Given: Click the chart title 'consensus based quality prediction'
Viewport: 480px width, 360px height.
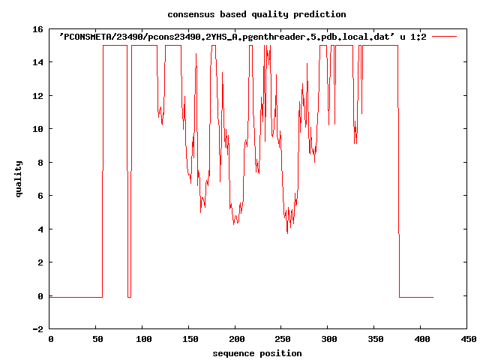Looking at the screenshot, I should tap(246, 14).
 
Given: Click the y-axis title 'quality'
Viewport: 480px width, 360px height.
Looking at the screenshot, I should tap(19, 178).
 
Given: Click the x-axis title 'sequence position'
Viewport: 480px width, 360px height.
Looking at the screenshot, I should tap(257, 352).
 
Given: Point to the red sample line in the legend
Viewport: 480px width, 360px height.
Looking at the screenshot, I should tap(445, 36).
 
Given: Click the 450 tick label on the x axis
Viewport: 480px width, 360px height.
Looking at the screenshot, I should tap(468, 340).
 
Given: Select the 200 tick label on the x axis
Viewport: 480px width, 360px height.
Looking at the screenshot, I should tap(235, 340).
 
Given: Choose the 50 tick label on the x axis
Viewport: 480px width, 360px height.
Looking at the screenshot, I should tap(96, 340).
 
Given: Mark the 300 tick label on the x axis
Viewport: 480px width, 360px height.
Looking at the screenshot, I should tap(328, 340).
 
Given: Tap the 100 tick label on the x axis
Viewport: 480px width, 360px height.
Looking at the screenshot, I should tap(142, 340).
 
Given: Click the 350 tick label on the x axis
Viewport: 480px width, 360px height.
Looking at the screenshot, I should tap(375, 340).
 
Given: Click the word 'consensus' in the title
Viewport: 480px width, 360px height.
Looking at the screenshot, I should tap(188, 14).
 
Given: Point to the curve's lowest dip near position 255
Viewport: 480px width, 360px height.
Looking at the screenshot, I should tap(287, 232).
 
